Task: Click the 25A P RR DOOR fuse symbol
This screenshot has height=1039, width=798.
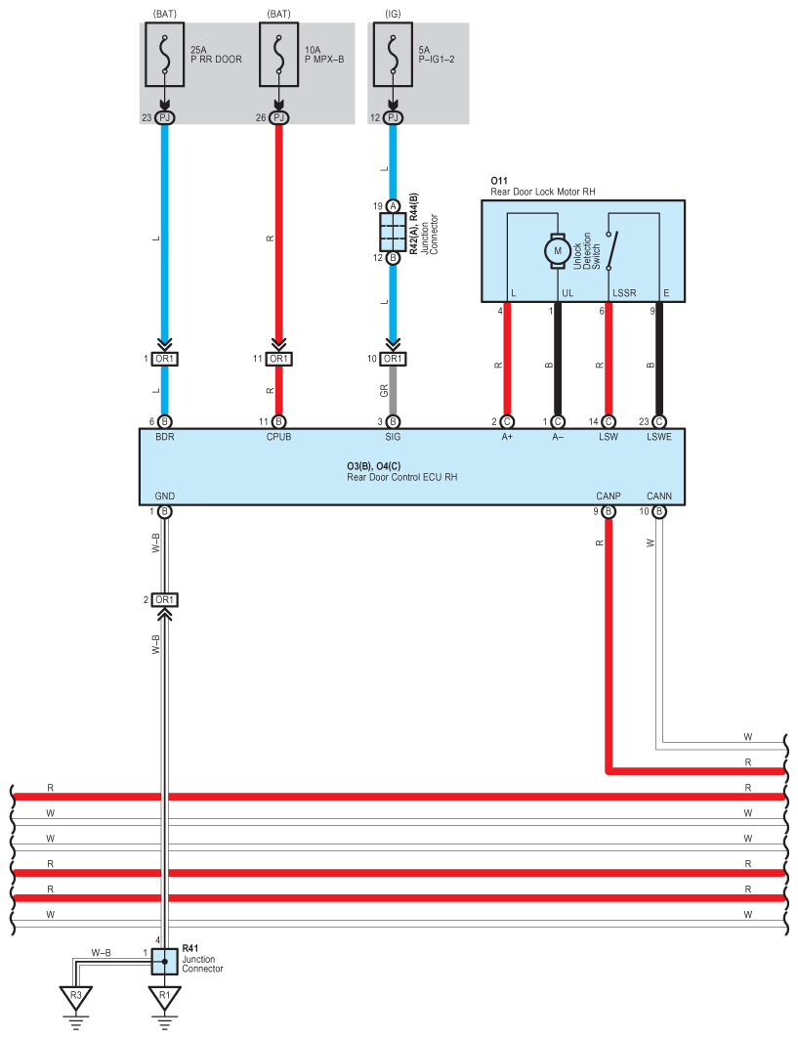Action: click(x=164, y=55)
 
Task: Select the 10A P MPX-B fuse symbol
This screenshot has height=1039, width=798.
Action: click(x=278, y=55)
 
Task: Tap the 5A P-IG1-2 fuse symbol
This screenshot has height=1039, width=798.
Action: click(x=393, y=55)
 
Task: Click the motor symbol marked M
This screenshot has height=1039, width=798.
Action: click(x=558, y=250)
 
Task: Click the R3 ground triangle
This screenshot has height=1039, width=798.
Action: click(x=76, y=998)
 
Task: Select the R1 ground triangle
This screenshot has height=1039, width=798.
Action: click(x=164, y=998)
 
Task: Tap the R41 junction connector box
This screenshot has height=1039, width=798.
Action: click(x=164, y=961)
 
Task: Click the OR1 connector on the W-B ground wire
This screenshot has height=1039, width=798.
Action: click(x=164, y=600)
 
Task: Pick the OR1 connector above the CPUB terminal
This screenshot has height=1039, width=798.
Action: click(x=278, y=359)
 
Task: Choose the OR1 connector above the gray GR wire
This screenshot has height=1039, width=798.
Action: click(x=393, y=359)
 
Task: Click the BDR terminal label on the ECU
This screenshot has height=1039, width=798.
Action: click(x=165, y=437)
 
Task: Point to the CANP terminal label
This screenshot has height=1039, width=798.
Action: click(x=608, y=496)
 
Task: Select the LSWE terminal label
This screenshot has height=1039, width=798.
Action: click(x=659, y=437)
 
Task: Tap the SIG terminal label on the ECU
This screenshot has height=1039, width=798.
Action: click(x=393, y=437)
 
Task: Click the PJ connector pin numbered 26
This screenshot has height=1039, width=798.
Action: click(x=278, y=117)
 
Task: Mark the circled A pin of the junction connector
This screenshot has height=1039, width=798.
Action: click(x=393, y=206)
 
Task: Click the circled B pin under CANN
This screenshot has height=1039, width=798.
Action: click(x=659, y=511)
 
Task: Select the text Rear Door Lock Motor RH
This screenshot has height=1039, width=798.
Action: click(x=542, y=192)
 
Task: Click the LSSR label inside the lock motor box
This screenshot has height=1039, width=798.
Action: click(x=624, y=293)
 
